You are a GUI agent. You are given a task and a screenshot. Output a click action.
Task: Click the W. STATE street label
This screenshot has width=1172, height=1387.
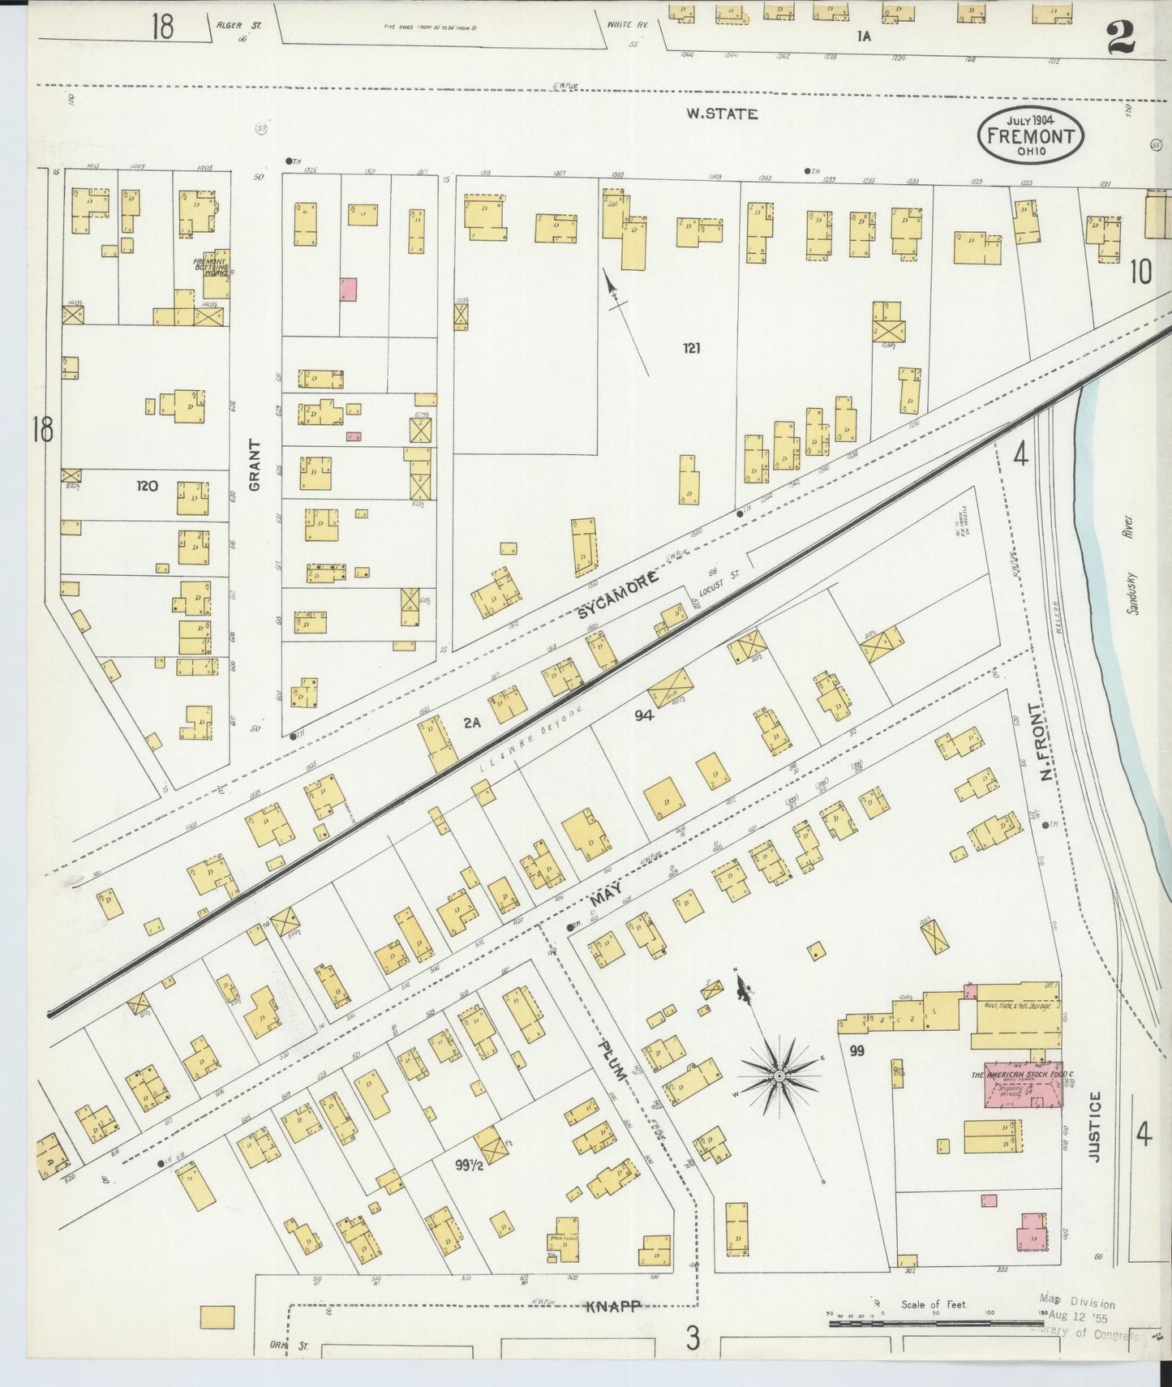[721, 114]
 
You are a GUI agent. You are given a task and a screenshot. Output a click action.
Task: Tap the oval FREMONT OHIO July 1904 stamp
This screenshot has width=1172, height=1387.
[1030, 137]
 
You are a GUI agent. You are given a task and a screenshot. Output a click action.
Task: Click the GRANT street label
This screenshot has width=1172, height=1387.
[255, 465]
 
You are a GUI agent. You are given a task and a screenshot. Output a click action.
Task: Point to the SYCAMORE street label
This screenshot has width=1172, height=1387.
[618, 595]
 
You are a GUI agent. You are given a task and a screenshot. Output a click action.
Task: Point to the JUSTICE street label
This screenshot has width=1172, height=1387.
[1095, 1127]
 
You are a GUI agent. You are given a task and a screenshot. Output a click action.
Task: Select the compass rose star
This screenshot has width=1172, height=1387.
[778, 1076]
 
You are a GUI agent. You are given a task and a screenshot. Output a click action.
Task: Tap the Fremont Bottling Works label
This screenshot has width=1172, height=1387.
[211, 267]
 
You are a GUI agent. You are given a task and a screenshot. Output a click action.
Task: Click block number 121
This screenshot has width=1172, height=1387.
[691, 348]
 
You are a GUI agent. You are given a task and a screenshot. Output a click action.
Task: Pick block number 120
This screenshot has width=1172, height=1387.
[147, 486]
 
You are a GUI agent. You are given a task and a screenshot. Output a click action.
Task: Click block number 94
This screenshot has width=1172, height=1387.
[644, 715]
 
